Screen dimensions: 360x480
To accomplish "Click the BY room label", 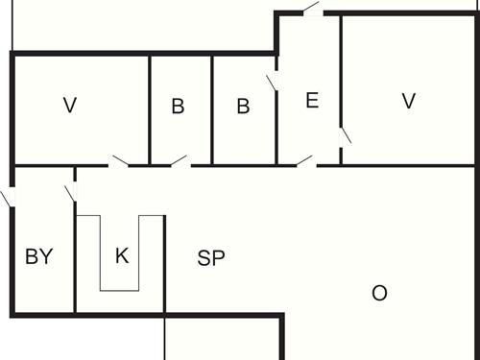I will point(38,256).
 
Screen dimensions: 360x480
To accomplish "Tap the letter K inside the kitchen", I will point(121,255).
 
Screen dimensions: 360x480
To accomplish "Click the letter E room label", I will point(312,100).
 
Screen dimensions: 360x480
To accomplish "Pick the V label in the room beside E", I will point(409,100).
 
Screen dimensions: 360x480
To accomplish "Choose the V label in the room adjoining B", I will point(68,106).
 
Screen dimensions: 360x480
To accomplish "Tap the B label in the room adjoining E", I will point(243,107).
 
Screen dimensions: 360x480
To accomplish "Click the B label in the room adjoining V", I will point(178,107).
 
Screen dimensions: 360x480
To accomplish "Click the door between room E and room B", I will point(273,82).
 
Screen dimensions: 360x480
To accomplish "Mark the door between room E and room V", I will point(345,133).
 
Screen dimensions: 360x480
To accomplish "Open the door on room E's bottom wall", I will point(305,162).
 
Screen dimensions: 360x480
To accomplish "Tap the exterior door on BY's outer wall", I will point(9,198).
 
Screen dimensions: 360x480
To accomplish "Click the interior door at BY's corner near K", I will point(70,192).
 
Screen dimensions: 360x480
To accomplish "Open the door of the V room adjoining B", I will point(119,162).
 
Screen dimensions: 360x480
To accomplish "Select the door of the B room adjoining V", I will point(180,162).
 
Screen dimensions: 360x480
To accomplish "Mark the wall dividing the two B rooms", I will point(211,110).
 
